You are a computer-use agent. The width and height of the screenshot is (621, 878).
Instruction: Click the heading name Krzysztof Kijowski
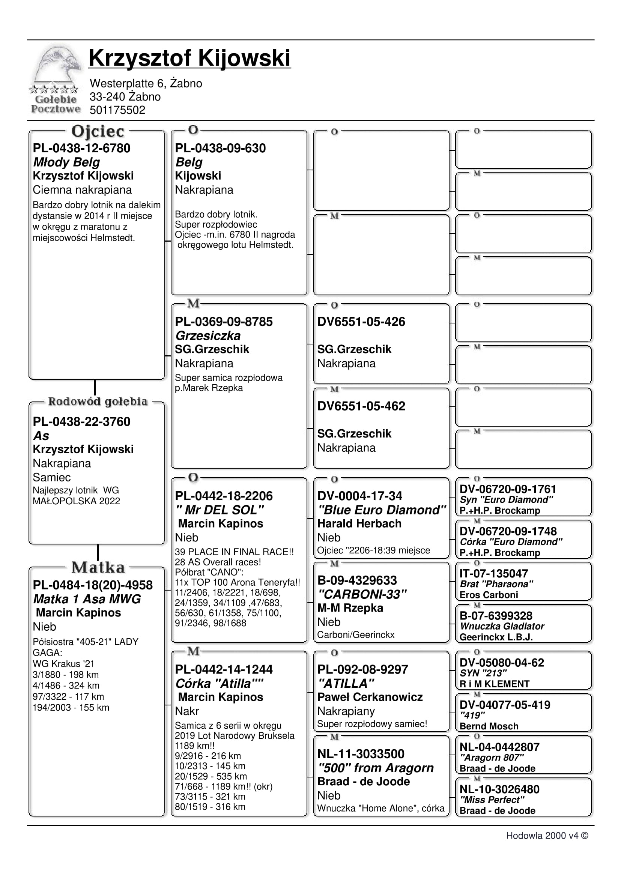point(189,58)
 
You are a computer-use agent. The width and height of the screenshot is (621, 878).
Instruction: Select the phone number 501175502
point(117,110)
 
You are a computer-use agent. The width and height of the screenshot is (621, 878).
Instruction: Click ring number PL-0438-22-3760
point(81,421)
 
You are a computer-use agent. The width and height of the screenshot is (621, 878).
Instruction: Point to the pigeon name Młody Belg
point(66,162)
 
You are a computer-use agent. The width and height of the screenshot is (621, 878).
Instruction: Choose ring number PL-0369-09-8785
point(224,322)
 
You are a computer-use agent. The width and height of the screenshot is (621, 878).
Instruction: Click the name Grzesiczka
point(208,336)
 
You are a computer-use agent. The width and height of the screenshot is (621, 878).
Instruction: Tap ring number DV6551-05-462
point(361,406)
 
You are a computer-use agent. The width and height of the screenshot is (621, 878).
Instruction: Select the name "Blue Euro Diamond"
point(381,510)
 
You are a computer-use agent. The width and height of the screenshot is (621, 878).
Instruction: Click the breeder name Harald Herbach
point(359,523)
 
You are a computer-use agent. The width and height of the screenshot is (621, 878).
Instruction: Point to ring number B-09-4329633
point(357,580)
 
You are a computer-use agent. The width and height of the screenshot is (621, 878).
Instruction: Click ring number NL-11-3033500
point(361,754)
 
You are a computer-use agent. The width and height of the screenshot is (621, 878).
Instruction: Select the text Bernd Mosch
point(489,726)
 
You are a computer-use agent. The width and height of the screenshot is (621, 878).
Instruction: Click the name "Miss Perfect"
point(492,800)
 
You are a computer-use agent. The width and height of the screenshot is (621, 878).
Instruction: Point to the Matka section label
point(98,567)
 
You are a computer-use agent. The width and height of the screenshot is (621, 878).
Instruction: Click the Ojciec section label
point(98,131)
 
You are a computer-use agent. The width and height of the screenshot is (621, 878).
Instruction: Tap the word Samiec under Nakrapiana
point(52,477)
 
